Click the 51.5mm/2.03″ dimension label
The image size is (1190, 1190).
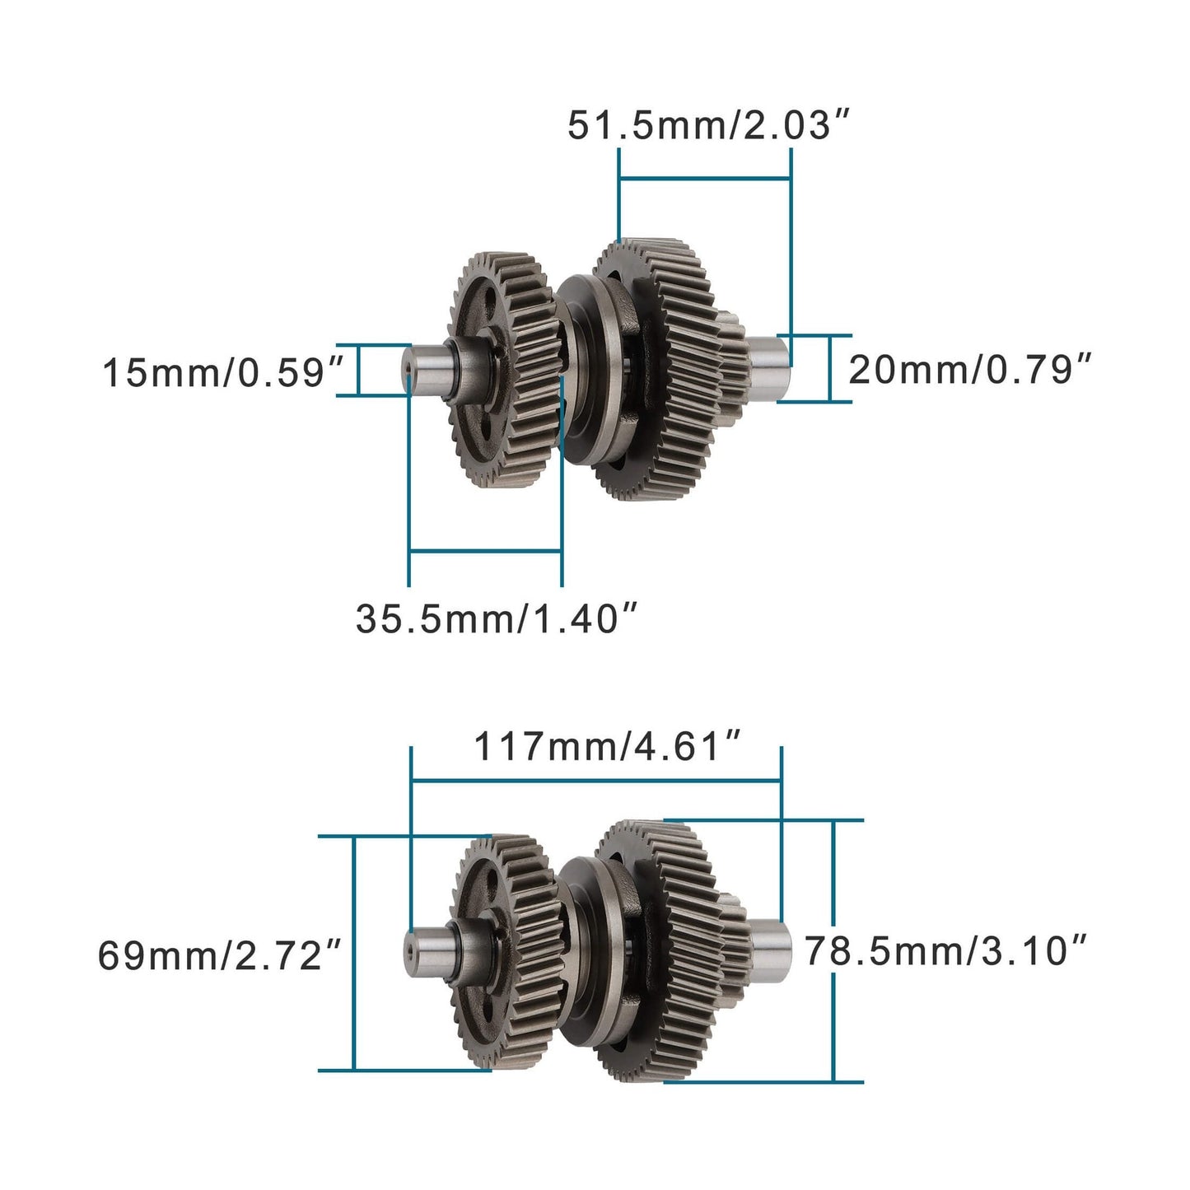pyautogui.click(x=707, y=126)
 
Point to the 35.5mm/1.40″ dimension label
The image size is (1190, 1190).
pyautogui.click(x=497, y=618)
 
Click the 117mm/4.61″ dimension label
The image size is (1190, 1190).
pyautogui.click(x=608, y=748)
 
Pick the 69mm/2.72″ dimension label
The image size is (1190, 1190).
pyautogui.click(x=219, y=955)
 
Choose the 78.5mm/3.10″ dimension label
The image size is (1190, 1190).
pyautogui.click(x=946, y=950)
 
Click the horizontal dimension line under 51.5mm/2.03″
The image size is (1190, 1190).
pyautogui.click(x=704, y=177)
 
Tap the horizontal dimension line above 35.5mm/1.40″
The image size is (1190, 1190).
pyautogui.click(x=485, y=551)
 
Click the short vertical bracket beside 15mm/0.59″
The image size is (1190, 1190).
pyautogui.click(x=359, y=370)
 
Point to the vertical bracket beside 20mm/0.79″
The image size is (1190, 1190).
pyautogui.click(x=828, y=368)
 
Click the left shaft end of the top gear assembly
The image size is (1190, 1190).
pyautogui.click(x=424, y=369)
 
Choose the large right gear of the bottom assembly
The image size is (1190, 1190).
pyautogui.click(x=659, y=947)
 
